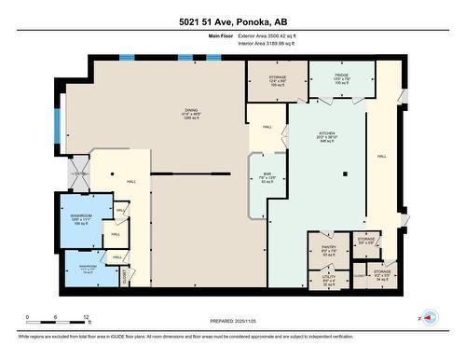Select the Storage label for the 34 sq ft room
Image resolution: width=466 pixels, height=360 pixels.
[x=381, y=275]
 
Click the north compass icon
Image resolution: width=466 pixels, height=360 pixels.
[x=428, y=315]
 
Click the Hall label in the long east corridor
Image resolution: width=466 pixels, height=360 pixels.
[x=382, y=157]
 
